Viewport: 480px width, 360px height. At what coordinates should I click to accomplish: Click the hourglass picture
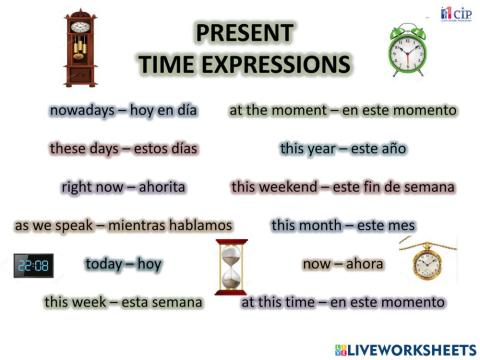(x=231, y=267)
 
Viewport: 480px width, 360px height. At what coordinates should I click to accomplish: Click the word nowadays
(x=77, y=110)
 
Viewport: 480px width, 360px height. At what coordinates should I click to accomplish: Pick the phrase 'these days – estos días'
(x=123, y=148)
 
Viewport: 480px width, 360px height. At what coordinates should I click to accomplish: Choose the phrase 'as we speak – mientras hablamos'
(x=123, y=225)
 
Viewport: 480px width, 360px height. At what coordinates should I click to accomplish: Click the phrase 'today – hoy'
(x=123, y=264)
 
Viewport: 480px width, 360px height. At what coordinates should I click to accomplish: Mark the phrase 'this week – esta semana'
(x=123, y=301)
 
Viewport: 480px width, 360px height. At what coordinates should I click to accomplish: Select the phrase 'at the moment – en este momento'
(x=343, y=110)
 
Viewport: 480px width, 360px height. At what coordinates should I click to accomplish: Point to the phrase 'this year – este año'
(x=343, y=148)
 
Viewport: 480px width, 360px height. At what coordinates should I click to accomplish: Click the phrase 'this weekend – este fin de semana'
(x=343, y=186)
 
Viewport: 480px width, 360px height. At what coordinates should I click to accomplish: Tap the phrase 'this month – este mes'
(x=343, y=225)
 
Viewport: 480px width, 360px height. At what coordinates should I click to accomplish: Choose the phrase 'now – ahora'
(x=343, y=264)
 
